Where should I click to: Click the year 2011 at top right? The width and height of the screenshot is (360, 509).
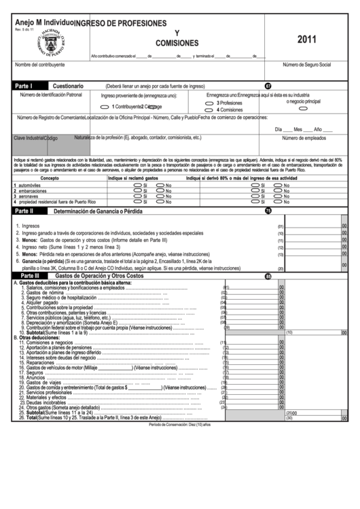(307, 39)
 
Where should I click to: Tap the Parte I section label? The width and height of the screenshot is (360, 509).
(26, 86)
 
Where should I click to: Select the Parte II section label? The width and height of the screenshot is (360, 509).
(28, 211)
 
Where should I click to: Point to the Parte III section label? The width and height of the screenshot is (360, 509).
(30, 276)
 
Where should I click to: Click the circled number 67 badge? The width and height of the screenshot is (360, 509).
(268, 86)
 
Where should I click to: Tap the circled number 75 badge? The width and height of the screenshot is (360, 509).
(268, 211)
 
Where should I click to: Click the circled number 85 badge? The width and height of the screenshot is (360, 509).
(268, 277)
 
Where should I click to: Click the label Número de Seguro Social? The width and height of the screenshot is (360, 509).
(306, 65)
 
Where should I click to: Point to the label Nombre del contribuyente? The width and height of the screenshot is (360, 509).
(40, 65)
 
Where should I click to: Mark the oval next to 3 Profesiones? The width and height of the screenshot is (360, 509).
(209, 103)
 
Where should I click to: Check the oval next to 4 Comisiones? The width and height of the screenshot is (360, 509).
(209, 109)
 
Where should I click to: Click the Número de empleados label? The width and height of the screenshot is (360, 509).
(304, 138)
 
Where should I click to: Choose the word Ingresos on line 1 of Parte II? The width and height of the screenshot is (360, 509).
(31, 226)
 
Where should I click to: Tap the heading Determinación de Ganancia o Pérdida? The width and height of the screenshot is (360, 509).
(98, 211)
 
